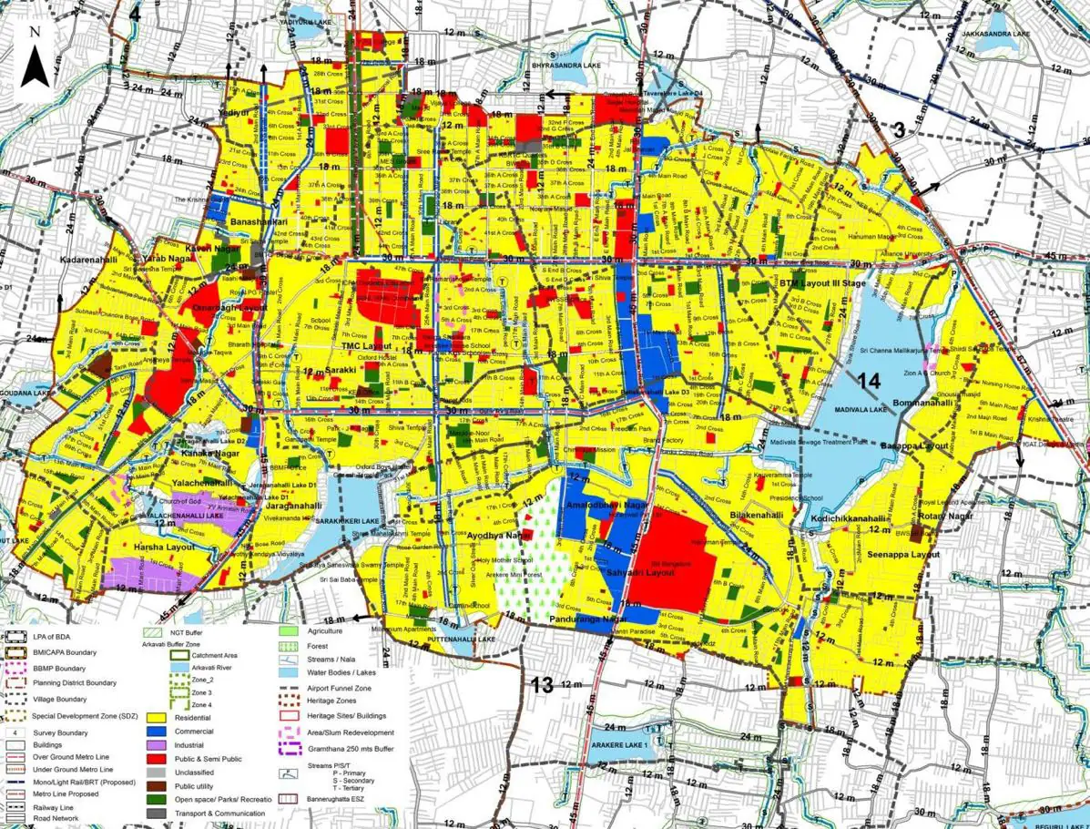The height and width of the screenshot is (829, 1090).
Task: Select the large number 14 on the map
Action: (x=869, y=383)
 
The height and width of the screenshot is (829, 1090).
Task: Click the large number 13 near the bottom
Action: (x=542, y=685)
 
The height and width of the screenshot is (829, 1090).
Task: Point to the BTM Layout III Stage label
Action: (x=822, y=283)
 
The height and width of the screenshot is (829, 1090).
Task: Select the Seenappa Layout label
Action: (x=903, y=554)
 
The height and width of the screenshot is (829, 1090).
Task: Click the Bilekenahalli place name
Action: (x=757, y=515)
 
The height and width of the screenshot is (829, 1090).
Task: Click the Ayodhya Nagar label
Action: (x=498, y=536)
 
